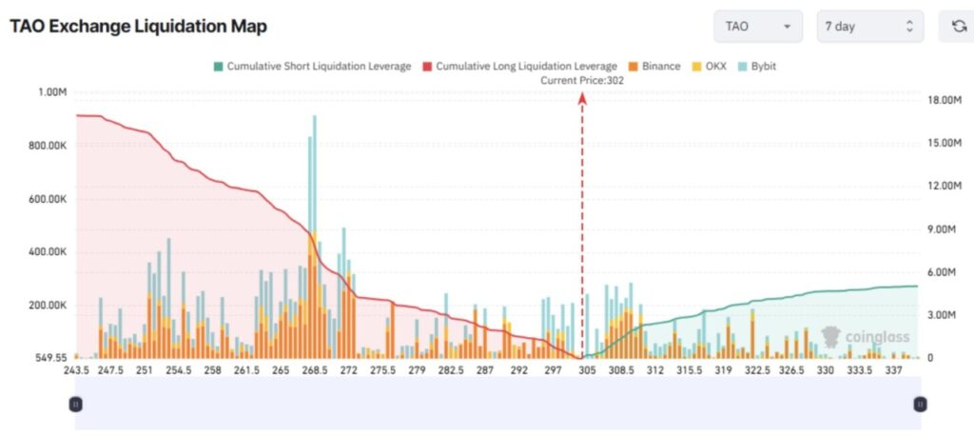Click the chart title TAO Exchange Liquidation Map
[138, 27]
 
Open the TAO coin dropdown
[758, 27]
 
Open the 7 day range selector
[869, 27]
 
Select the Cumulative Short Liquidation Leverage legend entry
[312, 67]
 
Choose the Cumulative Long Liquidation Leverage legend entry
[518, 67]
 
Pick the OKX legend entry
[711, 67]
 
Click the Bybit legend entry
[756, 67]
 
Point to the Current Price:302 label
[582, 81]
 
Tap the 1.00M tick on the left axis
[50, 92]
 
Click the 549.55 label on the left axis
[47, 358]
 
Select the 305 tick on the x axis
[587, 371]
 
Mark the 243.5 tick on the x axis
[77, 371]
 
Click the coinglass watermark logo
[866, 336]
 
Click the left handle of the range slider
[75, 404]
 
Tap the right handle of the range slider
[920, 404]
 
